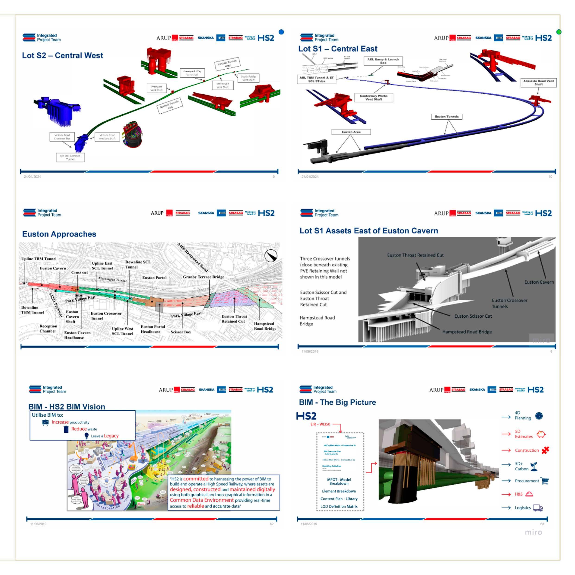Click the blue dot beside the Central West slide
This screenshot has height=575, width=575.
(x=281, y=32)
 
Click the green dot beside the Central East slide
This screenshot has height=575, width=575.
(x=559, y=32)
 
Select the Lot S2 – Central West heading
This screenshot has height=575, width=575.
(x=63, y=55)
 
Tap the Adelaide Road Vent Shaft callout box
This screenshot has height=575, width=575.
(x=538, y=83)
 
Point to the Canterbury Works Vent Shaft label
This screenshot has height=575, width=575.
(x=374, y=98)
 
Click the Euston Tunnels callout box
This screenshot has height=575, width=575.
(x=446, y=116)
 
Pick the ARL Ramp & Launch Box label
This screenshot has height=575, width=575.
(x=383, y=61)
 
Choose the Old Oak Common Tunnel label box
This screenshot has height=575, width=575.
(x=70, y=157)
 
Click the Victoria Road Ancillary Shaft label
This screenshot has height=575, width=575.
(x=107, y=137)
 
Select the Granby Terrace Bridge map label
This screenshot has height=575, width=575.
(x=203, y=277)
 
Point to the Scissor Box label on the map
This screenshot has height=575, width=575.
(x=181, y=332)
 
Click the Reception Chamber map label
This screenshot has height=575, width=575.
(x=48, y=329)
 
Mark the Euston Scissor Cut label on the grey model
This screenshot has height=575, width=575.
(x=473, y=316)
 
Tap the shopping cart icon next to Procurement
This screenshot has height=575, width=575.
(x=545, y=481)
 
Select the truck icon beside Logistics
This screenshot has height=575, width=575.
(x=538, y=508)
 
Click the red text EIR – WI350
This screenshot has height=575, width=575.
(x=320, y=424)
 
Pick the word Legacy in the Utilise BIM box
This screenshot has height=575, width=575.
(x=111, y=436)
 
